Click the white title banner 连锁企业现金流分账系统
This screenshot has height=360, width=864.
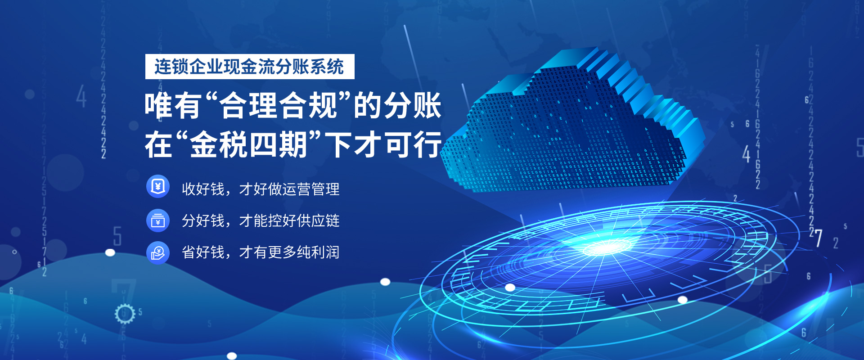tap(250, 67)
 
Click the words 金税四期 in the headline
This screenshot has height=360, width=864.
tap(249, 144)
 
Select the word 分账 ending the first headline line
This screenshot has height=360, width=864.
tap(412, 106)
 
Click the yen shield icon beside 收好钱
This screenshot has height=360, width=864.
tap(157, 186)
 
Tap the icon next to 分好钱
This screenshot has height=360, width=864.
tap(157, 220)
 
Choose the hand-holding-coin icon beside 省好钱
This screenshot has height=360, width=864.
tap(157, 252)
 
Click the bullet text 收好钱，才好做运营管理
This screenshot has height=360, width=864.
tap(261, 189)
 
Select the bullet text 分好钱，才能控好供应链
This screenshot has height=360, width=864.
tap(261, 220)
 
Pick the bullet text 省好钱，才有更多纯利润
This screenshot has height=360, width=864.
tap(261, 252)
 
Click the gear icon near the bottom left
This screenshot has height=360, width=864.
tap(125, 314)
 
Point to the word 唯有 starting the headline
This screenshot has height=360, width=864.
tap(172, 106)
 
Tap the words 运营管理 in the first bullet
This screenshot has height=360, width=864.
tap(311, 189)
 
